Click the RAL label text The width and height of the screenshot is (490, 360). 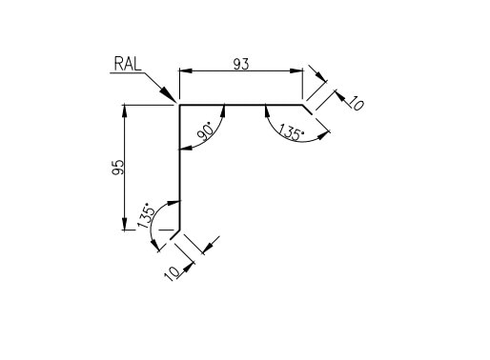point(128,65)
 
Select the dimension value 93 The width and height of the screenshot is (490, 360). point(242,64)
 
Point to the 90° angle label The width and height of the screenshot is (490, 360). point(205,134)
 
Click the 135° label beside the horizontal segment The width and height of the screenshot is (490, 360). point(290,134)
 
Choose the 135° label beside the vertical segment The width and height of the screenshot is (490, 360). point(146,213)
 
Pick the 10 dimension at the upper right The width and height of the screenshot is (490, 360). point(355,103)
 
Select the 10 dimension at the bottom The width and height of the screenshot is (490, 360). point(173,273)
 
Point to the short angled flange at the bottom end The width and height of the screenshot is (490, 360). point(175,233)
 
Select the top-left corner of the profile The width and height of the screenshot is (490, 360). point(179,105)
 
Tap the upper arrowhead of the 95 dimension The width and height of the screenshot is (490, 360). point(125,110)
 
